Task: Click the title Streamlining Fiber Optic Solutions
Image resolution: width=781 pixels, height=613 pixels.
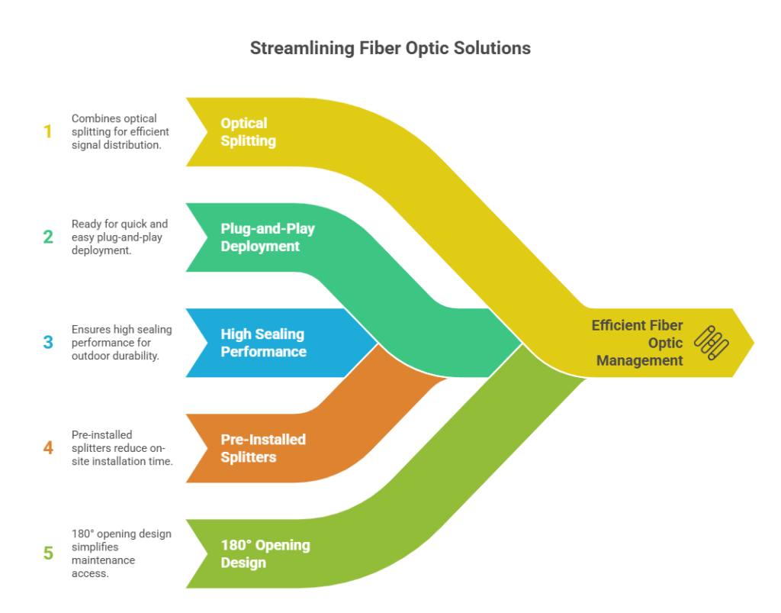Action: click(x=390, y=48)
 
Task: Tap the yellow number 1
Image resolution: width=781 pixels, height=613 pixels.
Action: click(x=48, y=131)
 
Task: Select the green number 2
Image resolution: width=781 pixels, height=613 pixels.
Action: click(x=48, y=237)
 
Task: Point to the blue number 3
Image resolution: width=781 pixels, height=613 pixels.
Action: click(x=48, y=343)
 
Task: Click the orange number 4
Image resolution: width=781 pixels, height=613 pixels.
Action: click(x=48, y=447)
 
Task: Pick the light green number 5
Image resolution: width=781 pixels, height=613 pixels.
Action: click(x=48, y=553)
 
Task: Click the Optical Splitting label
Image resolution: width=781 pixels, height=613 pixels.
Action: click(x=248, y=132)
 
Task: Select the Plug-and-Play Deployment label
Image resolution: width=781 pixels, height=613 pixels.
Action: click(x=268, y=237)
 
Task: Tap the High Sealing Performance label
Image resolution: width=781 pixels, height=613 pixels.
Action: click(x=263, y=343)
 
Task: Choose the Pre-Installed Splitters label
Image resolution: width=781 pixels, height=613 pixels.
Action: click(x=263, y=448)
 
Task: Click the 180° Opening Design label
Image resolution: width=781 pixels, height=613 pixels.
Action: click(x=265, y=553)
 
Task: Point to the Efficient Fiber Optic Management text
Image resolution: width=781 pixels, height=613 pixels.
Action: click(x=637, y=343)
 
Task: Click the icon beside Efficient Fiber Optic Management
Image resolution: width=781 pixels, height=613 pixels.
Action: click(x=712, y=343)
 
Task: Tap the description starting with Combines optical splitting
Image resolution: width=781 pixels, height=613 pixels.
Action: click(x=120, y=131)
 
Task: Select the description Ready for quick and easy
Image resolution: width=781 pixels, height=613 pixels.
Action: click(x=120, y=237)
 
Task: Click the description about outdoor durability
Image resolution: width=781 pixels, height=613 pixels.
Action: click(x=121, y=343)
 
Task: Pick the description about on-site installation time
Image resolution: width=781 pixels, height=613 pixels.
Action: click(x=122, y=448)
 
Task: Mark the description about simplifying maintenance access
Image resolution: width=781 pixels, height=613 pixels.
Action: click(x=121, y=553)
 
